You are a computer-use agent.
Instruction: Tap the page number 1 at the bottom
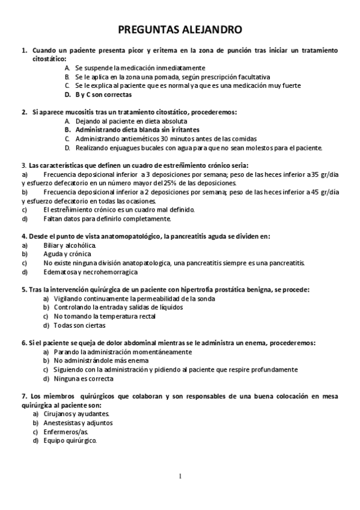[x=180, y=476]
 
